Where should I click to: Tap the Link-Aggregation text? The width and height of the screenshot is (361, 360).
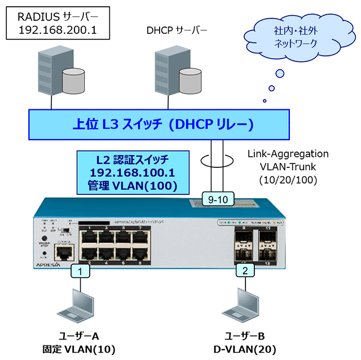(x=288, y=154)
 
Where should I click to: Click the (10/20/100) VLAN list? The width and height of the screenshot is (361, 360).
(x=288, y=180)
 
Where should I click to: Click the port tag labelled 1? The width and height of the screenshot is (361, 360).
(x=81, y=271)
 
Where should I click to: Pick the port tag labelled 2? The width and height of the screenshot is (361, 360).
(x=245, y=271)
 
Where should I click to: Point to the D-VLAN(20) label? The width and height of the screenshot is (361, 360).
(x=244, y=349)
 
